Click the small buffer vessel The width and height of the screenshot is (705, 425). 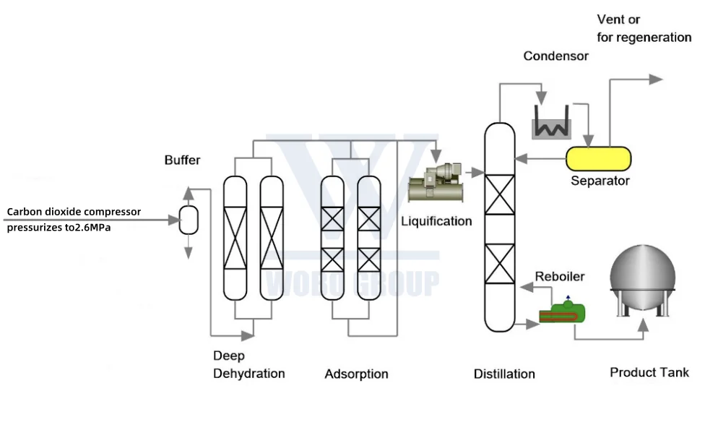(x=189, y=219)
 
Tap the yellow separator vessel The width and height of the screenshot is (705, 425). (x=598, y=158)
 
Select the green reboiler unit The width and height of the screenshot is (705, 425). (x=563, y=312)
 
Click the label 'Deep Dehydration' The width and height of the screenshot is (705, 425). (x=248, y=365)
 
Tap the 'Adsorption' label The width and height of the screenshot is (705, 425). (x=356, y=374)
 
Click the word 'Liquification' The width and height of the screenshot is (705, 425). (x=436, y=221)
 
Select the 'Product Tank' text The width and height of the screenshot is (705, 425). (x=649, y=372)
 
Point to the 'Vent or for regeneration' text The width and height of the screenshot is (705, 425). (x=643, y=28)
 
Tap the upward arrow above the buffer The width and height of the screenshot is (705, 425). (x=189, y=193)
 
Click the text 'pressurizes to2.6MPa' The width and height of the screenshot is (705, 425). (x=64, y=226)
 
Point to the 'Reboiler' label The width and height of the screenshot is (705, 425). (x=560, y=277)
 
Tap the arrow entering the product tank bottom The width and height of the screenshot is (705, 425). (x=644, y=330)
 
